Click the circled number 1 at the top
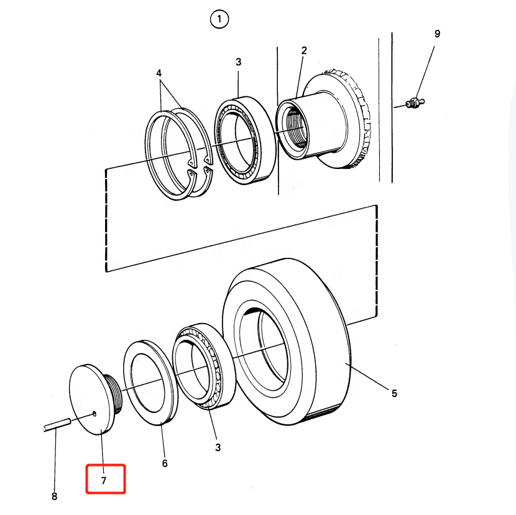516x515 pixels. click(219, 21)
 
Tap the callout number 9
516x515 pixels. click(437, 34)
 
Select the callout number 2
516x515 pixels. click(304, 50)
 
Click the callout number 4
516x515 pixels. click(159, 73)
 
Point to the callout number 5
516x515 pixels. click(394, 393)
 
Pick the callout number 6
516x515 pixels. click(165, 463)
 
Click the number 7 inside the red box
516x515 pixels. click(104, 480)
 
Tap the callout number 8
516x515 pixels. click(54, 496)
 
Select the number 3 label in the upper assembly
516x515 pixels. click(238, 62)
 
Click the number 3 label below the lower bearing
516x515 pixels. click(218, 447)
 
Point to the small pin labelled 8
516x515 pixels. click(56, 426)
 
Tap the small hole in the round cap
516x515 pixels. click(93, 412)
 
